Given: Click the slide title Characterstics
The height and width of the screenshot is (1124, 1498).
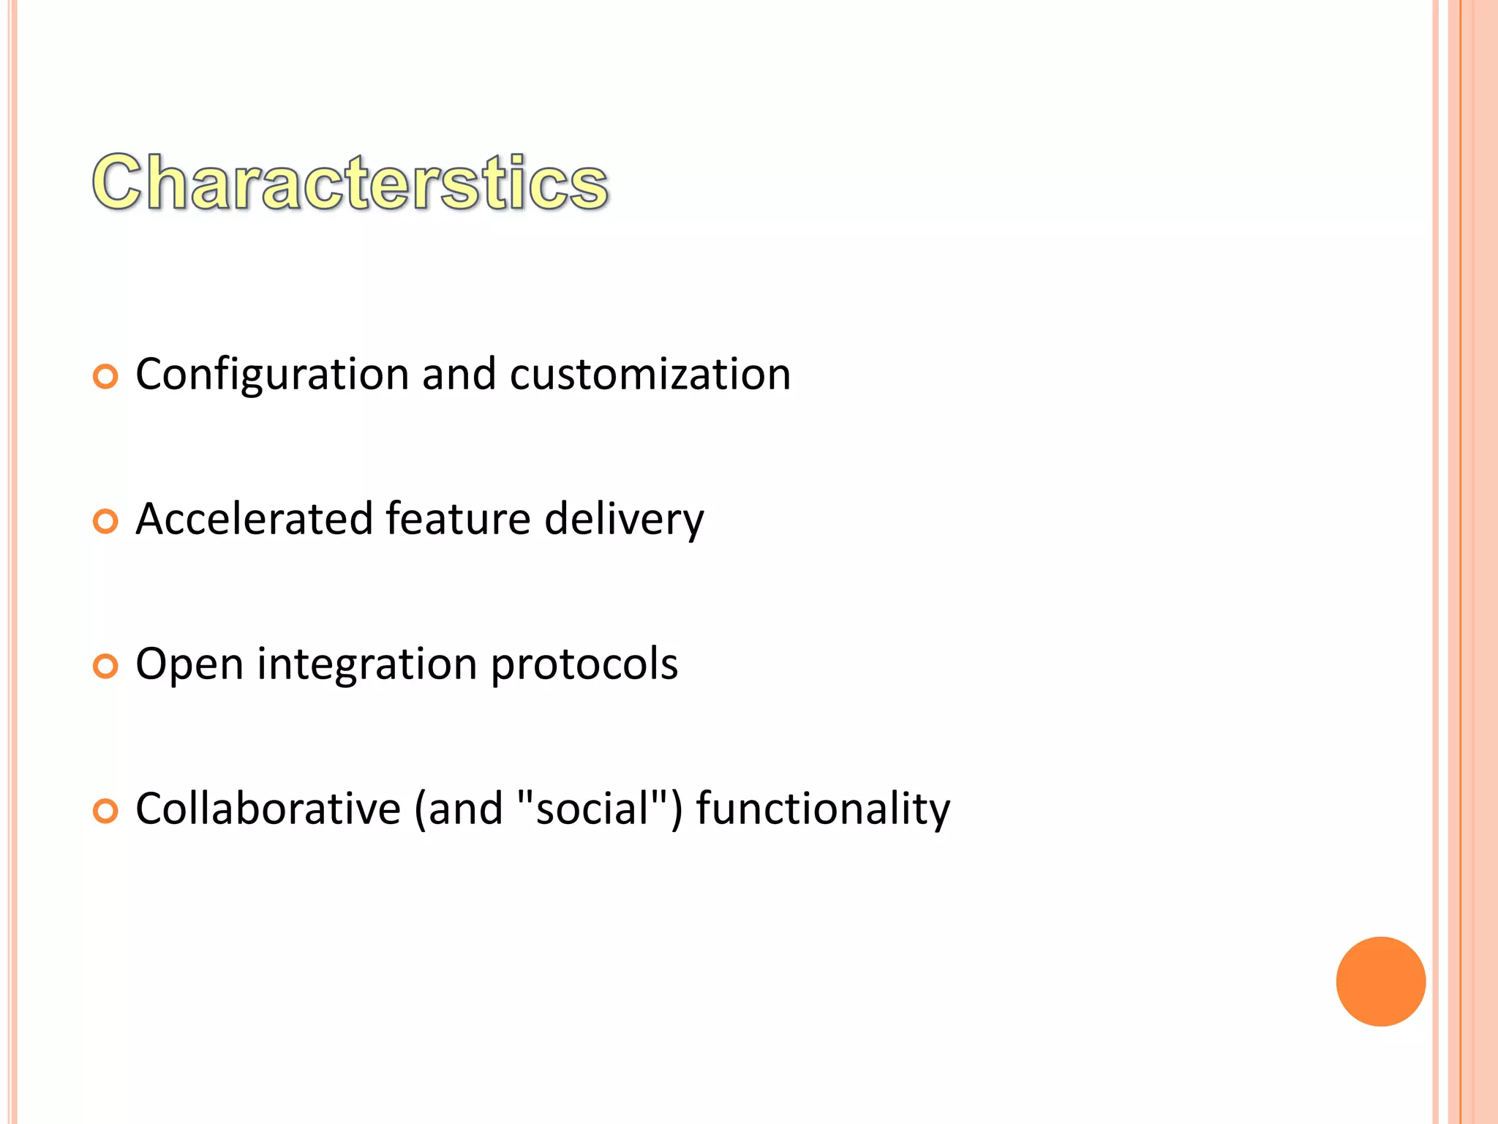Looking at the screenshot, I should tap(350, 183).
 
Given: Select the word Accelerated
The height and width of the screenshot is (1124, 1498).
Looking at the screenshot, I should tap(254, 520).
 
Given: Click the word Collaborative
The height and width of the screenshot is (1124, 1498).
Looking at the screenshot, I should tap(268, 809).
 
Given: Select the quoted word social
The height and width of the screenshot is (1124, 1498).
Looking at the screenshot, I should tap(593, 809).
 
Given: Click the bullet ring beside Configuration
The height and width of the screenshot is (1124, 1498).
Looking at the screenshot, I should tap(105, 378).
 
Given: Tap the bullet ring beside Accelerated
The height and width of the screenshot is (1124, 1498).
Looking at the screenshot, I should tap(105, 522).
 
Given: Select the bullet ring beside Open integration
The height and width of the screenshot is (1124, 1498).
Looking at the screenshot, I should tap(105, 667).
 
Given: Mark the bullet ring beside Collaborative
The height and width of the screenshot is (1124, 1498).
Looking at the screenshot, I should tap(105, 812).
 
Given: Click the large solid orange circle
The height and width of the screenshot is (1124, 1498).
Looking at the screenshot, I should tap(1380, 981).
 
